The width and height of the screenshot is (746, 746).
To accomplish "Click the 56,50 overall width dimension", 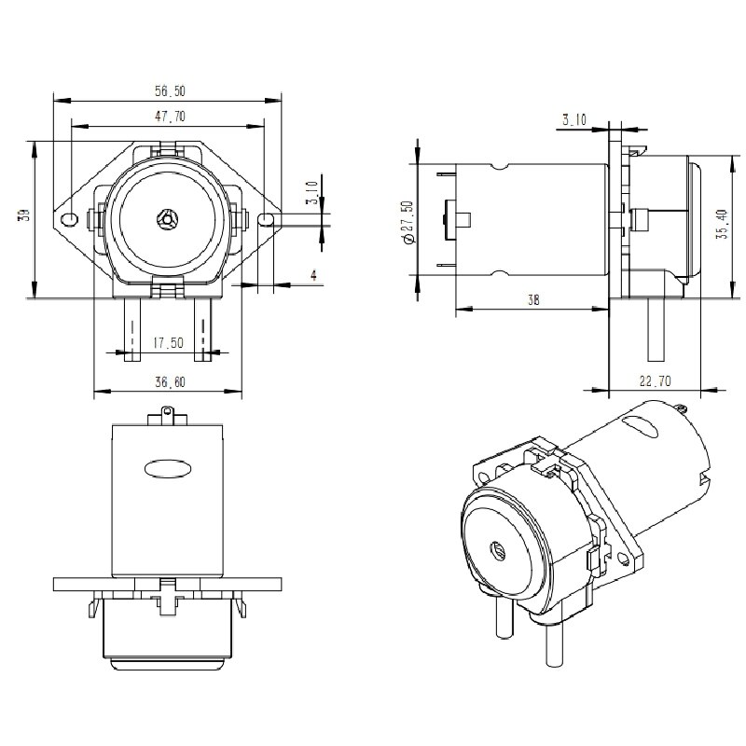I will [x=170, y=91].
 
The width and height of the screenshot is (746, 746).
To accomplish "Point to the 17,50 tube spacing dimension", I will [x=168, y=343].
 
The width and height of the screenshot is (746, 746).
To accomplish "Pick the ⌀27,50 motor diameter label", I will [x=406, y=223].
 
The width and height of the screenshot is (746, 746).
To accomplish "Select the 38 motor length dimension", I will [x=531, y=300].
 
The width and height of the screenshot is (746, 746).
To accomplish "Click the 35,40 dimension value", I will [x=721, y=224].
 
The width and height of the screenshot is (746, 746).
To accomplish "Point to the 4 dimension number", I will [x=313, y=275].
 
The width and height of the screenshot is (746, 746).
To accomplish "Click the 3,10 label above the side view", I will [x=574, y=118].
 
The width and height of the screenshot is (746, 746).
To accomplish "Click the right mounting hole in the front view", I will [x=267, y=220].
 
